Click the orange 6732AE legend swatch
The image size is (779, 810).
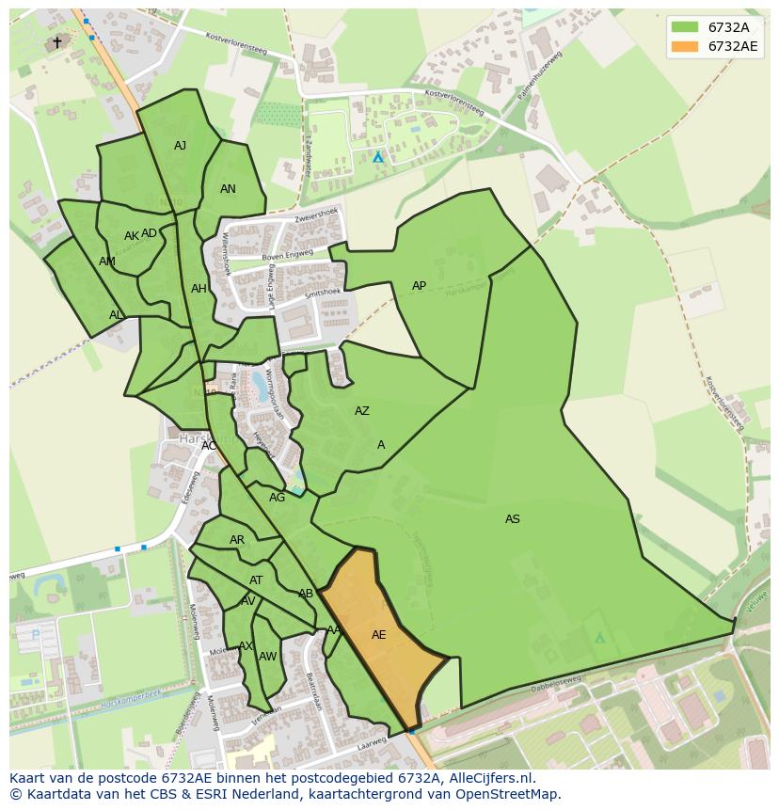[x=685, y=46]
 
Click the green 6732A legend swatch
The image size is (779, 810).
[x=685, y=26]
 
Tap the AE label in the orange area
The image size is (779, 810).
[x=378, y=635]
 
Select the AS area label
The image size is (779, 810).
[x=512, y=519]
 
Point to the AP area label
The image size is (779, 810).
[x=419, y=286]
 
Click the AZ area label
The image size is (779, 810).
[x=362, y=411]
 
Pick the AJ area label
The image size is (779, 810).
[x=181, y=146]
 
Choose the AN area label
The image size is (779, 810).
[x=228, y=189]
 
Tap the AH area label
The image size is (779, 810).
[x=199, y=289]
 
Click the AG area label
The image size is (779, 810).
[x=277, y=498]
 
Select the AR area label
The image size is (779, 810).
[x=237, y=540]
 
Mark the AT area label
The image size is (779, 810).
[x=256, y=580]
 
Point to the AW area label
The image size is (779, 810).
[x=268, y=657]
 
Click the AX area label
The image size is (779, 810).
[x=246, y=646]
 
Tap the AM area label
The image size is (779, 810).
[x=107, y=262]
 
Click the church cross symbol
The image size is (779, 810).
[x=56, y=42]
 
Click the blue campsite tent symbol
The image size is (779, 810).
[x=378, y=157]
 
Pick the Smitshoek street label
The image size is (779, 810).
[x=310, y=294]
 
